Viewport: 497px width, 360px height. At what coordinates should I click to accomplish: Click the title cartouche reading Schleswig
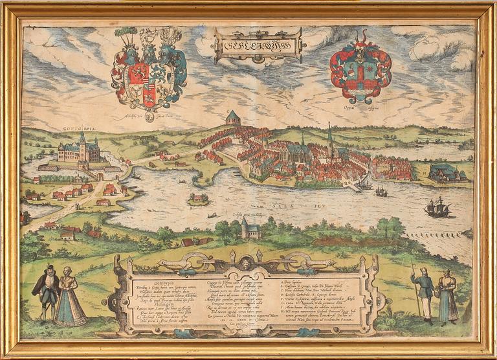pyautogui.click(x=259, y=45)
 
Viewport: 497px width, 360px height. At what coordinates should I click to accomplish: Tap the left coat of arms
pyautogui.click(x=149, y=71)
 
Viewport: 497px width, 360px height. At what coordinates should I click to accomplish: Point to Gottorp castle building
pyautogui.click(x=80, y=153)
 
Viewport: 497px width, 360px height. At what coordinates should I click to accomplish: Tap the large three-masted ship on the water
pyautogui.click(x=437, y=207)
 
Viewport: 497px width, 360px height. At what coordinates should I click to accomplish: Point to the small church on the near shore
pyautogui.click(x=250, y=229)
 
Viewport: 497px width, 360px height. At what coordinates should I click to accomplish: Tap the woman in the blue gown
pyautogui.click(x=69, y=297)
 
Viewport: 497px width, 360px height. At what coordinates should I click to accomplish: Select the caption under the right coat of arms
pyautogui.click(x=360, y=108)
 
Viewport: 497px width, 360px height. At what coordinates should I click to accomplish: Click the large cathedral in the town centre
pyautogui.click(x=298, y=153)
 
